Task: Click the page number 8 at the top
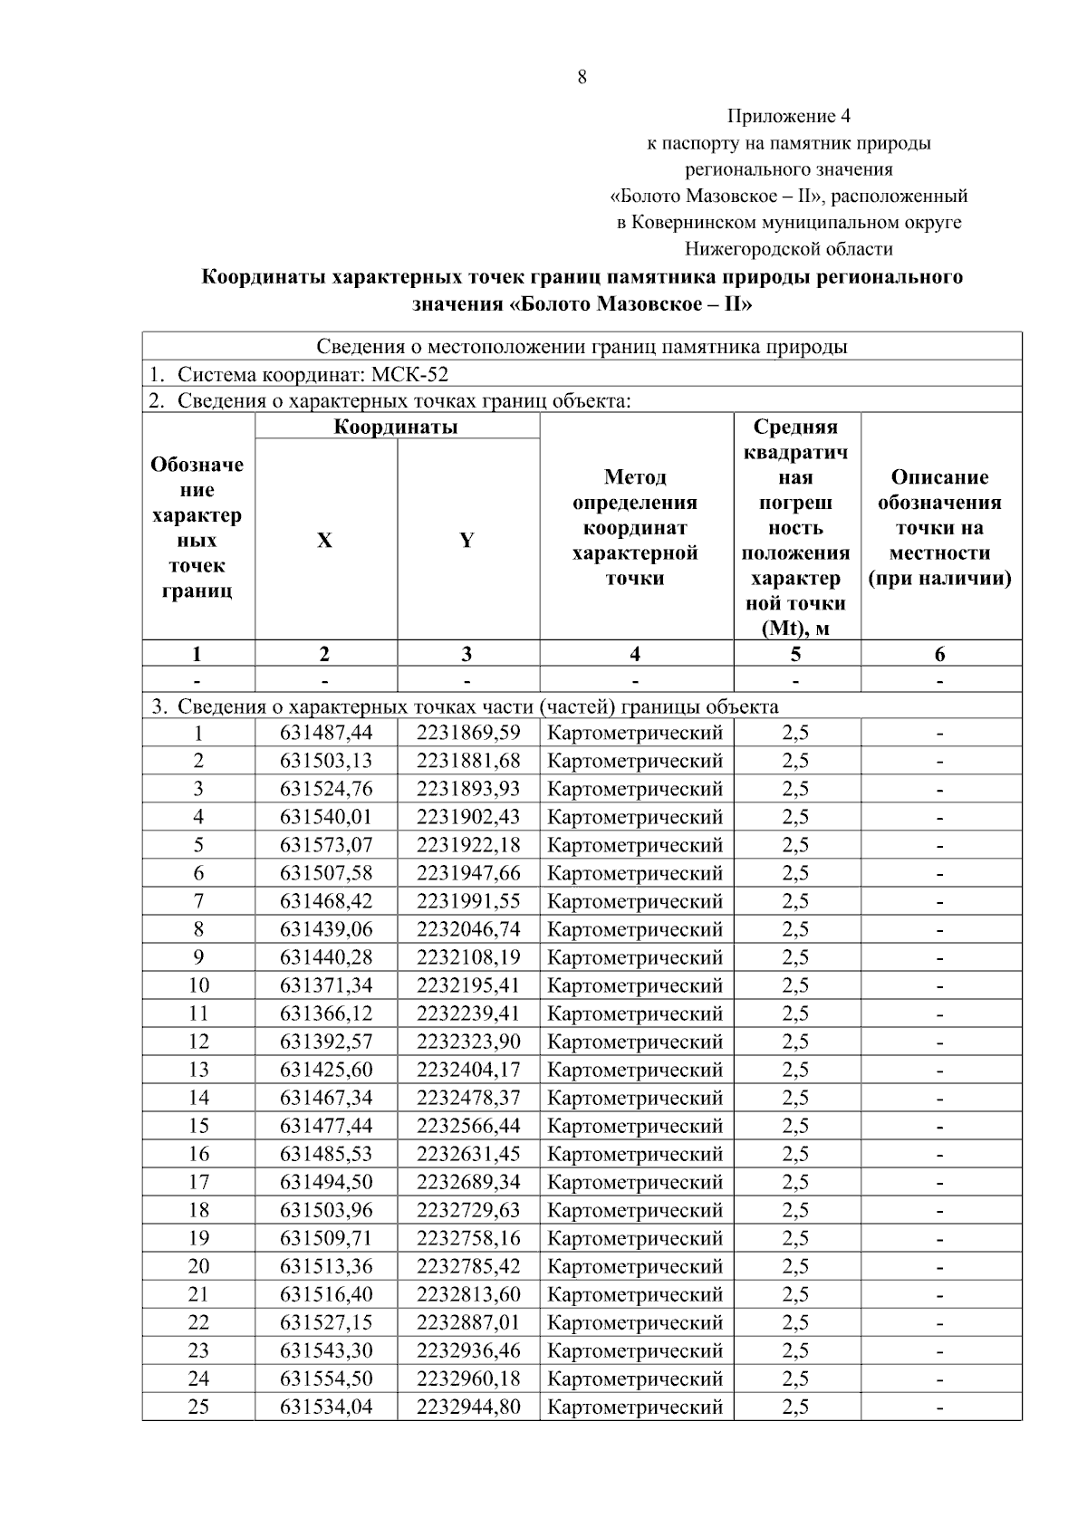(582, 77)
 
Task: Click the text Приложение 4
(788, 116)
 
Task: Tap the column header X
(324, 541)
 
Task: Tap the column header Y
(467, 541)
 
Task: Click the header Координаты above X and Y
(396, 427)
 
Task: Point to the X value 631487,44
(326, 733)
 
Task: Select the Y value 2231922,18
(468, 845)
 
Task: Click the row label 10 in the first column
(198, 985)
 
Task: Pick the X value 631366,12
(326, 1013)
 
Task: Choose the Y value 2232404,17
(468, 1070)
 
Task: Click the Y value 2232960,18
(468, 1378)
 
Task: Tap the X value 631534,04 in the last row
(326, 1407)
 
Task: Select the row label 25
(198, 1407)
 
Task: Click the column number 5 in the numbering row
(795, 654)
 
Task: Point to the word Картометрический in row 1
(635, 733)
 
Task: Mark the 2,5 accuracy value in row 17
(795, 1182)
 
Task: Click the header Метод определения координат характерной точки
(635, 527)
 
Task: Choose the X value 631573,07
(326, 845)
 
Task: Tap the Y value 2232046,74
(468, 929)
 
